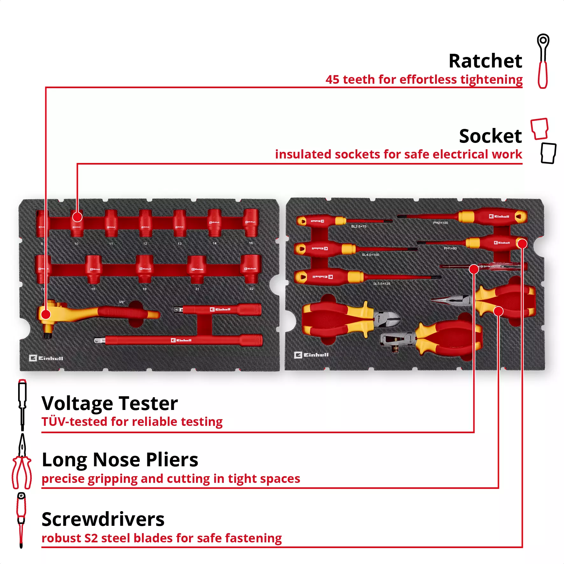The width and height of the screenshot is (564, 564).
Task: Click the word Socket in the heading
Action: [x=490, y=136]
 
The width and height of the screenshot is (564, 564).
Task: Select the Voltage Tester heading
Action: [x=109, y=403]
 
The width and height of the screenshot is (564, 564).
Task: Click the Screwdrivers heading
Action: [x=103, y=519]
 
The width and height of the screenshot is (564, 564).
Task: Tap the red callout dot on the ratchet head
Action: [x=46, y=314]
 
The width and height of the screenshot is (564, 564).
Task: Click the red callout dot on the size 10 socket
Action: [x=77, y=217]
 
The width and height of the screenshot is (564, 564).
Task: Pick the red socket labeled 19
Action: [x=145, y=269]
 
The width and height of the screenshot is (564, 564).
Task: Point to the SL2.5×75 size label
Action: [x=359, y=227]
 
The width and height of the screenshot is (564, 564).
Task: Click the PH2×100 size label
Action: [x=441, y=223]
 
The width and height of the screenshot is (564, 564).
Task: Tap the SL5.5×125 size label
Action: [x=382, y=284]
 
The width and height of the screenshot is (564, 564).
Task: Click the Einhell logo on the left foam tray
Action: [x=46, y=358]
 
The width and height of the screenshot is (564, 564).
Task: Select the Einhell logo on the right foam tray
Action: [x=311, y=355]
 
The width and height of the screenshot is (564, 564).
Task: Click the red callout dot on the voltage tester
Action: [x=474, y=269]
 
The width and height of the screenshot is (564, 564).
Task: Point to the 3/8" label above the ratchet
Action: [x=122, y=302]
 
